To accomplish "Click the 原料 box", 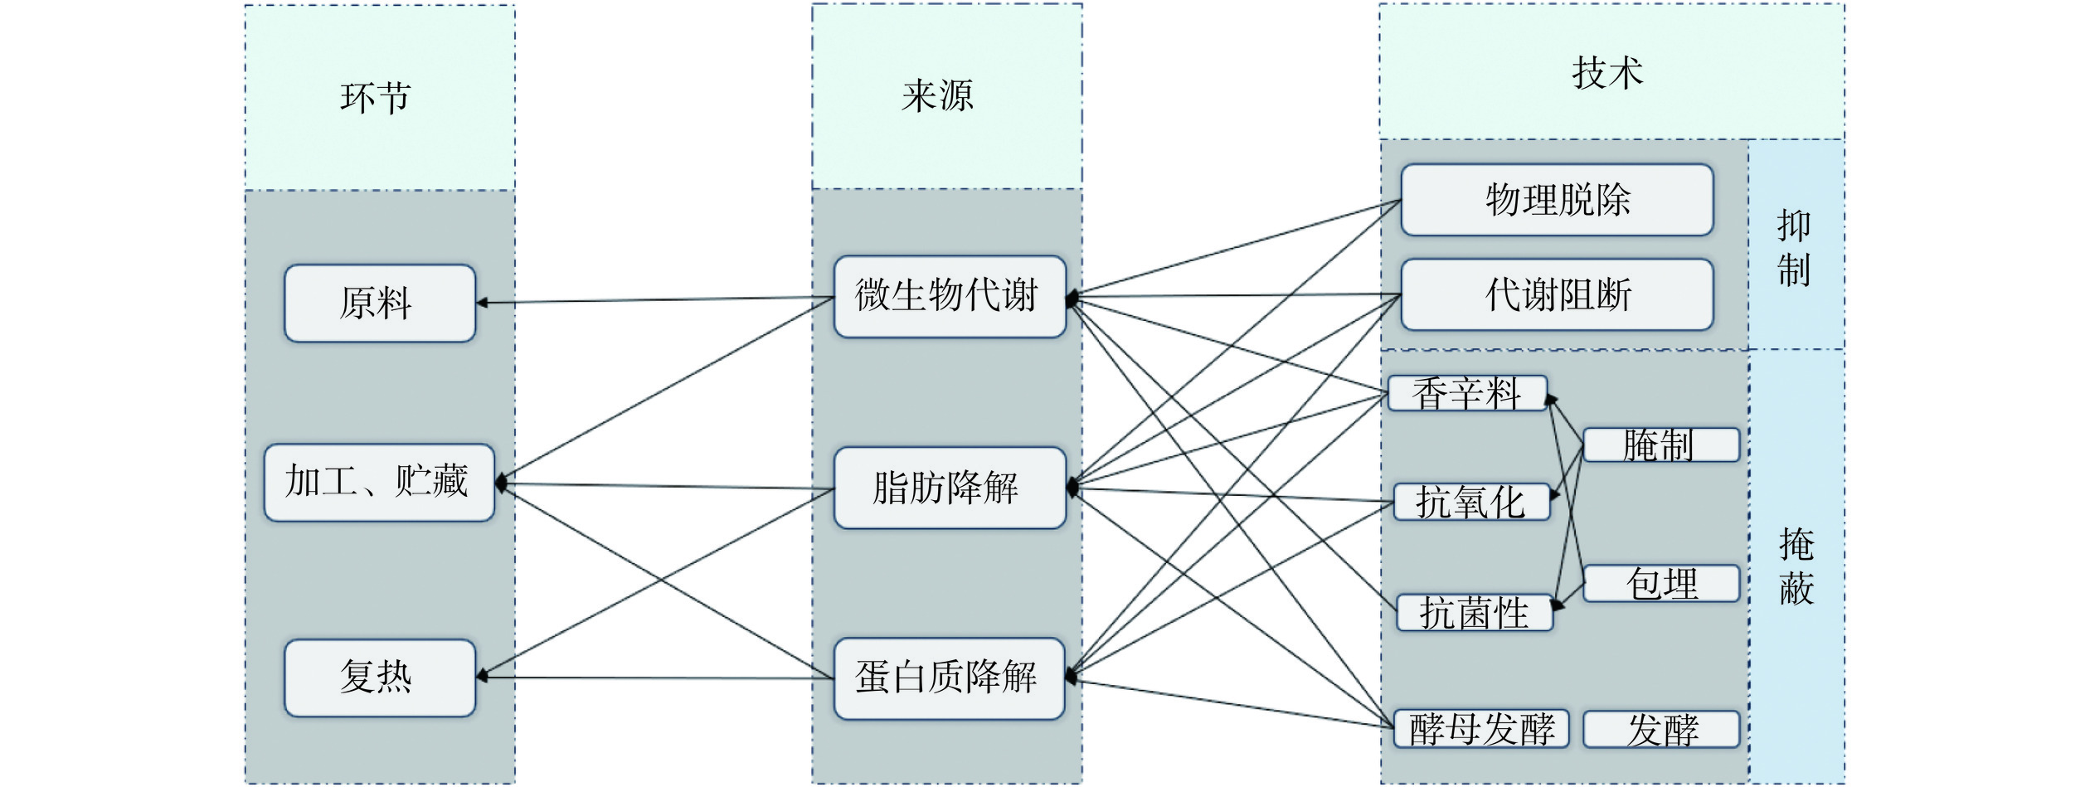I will point(379,304).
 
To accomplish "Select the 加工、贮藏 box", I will point(379,483).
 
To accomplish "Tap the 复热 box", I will point(379,678).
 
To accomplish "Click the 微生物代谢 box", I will point(949,297).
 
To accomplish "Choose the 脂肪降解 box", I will point(949,488).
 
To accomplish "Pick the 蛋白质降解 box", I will point(949,678).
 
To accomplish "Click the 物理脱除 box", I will point(1556,200).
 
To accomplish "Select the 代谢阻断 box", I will point(1556,294).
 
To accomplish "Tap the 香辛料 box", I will point(1466,393).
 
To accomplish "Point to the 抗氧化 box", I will point(1470,502).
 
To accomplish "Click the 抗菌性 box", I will point(1474,613).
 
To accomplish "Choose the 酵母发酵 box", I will point(1481,729).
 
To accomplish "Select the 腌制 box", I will point(1660,445).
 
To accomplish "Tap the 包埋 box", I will point(1660,583).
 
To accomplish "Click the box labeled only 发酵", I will point(1660,729).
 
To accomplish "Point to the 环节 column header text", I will point(376,98).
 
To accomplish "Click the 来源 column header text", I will point(938,96).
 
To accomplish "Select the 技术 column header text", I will point(1606,73).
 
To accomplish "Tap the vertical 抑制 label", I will point(1794,248).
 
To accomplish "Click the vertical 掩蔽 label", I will point(1796,566).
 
